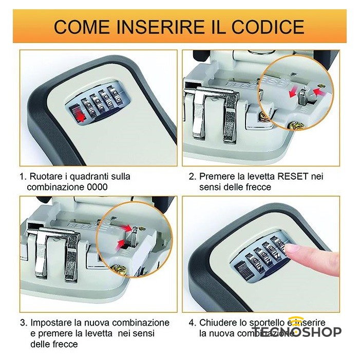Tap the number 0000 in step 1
[98, 187]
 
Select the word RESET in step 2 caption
[293, 176]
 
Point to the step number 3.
[23, 323]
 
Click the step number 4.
[192, 323]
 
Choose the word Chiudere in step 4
[218, 323]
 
